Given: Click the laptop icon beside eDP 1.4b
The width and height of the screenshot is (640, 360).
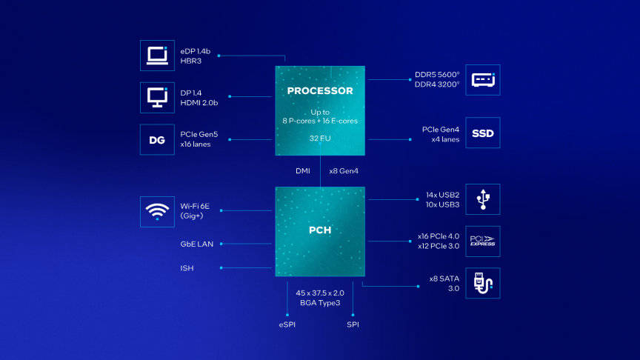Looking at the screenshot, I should [x=157, y=56].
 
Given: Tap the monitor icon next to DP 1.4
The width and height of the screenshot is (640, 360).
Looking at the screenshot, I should [x=157, y=98].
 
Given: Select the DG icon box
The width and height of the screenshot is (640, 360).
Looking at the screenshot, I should [x=157, y=139].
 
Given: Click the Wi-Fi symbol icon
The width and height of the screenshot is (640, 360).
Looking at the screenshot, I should [x=157, y=211].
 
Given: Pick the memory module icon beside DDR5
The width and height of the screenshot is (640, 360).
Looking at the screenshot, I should [x=483, y=79].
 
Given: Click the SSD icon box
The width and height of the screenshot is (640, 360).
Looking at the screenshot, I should [x=483, y=134].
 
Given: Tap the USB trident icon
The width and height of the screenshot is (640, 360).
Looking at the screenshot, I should [x=483, y=199].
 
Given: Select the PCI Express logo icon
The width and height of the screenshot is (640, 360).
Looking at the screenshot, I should [x=483, y=241].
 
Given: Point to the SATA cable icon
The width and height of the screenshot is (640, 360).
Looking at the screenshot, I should [x=483, y=284].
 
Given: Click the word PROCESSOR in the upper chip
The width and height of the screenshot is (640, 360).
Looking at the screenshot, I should [x=320, y=91].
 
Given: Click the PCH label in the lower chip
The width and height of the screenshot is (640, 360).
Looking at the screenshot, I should [x=320, y=230].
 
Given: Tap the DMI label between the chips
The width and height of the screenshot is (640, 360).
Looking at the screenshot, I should [x=302, y=171].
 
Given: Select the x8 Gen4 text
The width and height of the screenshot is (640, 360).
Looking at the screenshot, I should [x=343, y=171].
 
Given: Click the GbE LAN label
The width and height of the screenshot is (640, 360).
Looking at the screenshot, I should [x=196, y=244].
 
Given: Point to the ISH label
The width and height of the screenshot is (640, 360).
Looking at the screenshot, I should [x=187, y=268].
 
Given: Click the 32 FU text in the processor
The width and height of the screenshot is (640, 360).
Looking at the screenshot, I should [x=320, y=138].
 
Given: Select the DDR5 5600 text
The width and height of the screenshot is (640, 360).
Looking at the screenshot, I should [x=437, y=75].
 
